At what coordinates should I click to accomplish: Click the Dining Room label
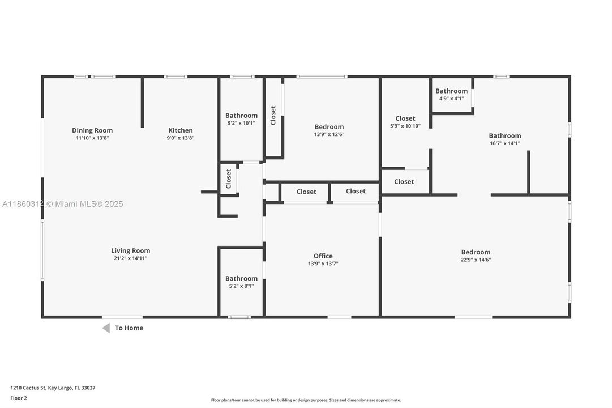[x=92, y=130]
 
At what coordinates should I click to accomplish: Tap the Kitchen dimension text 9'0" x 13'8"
[x=181, y=138]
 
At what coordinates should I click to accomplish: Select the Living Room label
[x=131, y=250]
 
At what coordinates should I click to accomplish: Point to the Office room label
[x=323, y=256]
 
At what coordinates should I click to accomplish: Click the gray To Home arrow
[x=106, y=328]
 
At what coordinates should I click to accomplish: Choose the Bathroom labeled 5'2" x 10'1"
[x=241, y=116]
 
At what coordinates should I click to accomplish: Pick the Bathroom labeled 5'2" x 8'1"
[x=241, y=278]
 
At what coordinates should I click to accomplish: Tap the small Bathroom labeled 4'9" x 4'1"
[x=451, y=91]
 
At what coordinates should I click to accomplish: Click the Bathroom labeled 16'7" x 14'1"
[x=505, y=135]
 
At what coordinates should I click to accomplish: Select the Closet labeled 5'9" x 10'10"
[x=405, y=118]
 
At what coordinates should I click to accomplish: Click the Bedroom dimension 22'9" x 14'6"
[x=476, y=260]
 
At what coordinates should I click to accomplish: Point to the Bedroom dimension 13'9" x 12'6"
[x=329, y=134]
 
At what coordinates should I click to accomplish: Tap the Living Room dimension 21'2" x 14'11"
[x=131, y=258]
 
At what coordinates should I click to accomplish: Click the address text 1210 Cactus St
[x=53, y=388]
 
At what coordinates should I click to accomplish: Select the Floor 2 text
[x=19, y=398]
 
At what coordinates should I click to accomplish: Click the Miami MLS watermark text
[x=62, y=204]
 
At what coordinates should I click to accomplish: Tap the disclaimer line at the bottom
[x=306, y=400]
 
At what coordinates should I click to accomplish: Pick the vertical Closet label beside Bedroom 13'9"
[x=273, y=115]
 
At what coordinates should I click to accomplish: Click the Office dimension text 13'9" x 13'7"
[x=323, y=263]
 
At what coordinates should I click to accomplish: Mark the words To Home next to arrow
[x=129, y=328]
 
